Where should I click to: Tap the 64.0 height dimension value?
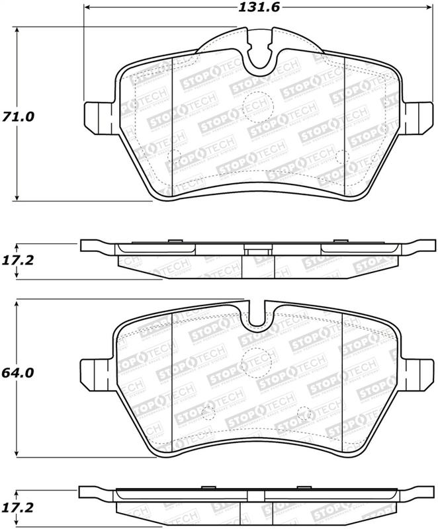pos(18,373)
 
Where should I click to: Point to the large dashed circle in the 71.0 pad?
pos(255,104)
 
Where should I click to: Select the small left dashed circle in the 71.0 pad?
pos(176,157)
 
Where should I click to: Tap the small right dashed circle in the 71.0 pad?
pos(342,156)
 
